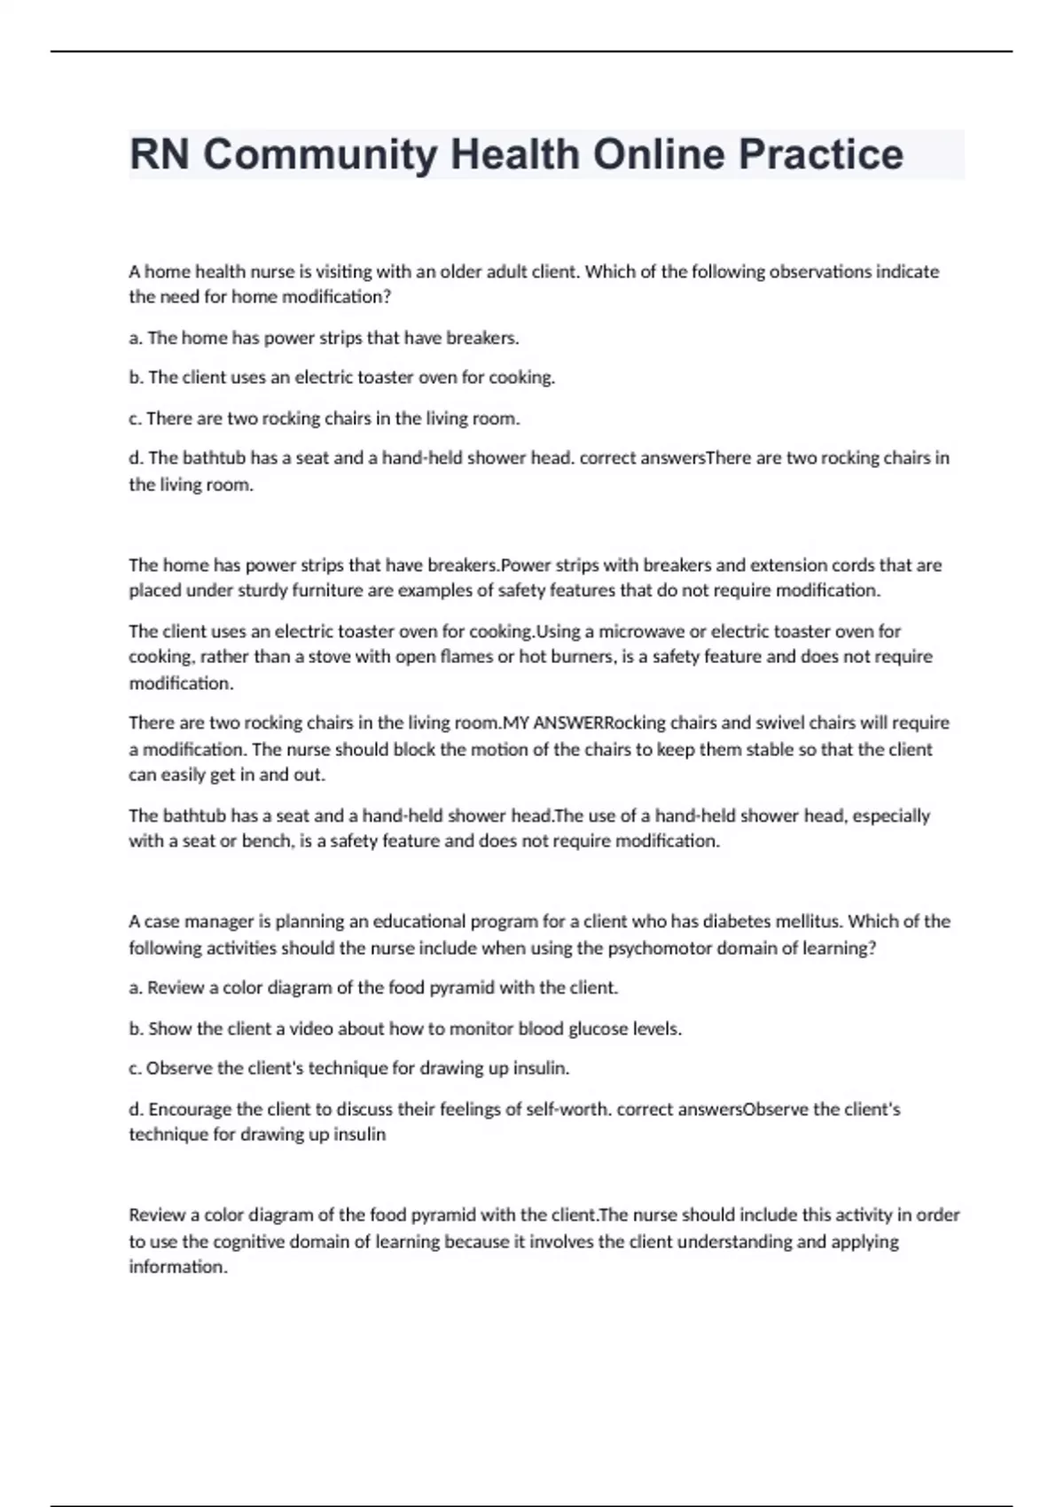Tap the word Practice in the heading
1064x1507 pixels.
(x=821, y=154)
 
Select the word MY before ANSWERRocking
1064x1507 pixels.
(x=516, y=722)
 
